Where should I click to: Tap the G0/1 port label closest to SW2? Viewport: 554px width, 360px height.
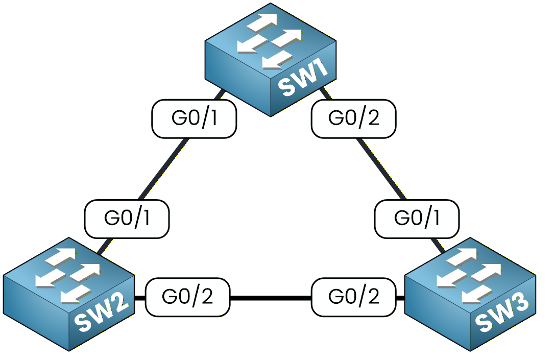click(127, 218)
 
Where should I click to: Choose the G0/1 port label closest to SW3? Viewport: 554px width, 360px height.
click(417, 218)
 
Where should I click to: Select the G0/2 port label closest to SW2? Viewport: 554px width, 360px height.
click(187, 297)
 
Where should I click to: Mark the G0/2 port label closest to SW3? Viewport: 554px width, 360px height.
click(353, 297)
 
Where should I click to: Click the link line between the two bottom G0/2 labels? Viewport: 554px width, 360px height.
click(271, 297)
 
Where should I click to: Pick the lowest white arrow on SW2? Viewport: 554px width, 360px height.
click(75, 295)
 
